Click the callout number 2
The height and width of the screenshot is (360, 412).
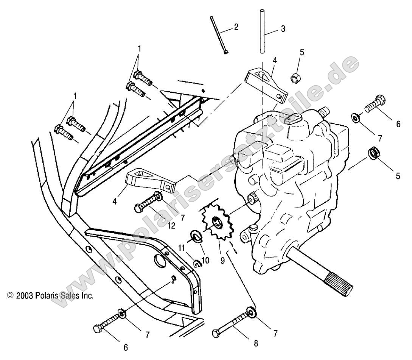point(236,27)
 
